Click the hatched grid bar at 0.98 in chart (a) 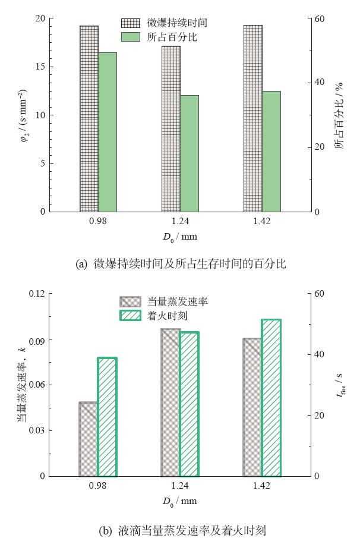89,119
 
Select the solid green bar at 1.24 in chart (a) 190,153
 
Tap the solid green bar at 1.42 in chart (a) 271,151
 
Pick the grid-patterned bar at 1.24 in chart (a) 170,128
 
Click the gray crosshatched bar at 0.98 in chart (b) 89,439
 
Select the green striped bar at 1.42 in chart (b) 271,398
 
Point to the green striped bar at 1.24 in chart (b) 190,404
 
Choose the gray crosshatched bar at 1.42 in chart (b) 252,407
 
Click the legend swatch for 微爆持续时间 130,23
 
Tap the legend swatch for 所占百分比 130,36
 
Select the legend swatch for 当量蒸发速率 130,301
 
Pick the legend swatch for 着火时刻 130,315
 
